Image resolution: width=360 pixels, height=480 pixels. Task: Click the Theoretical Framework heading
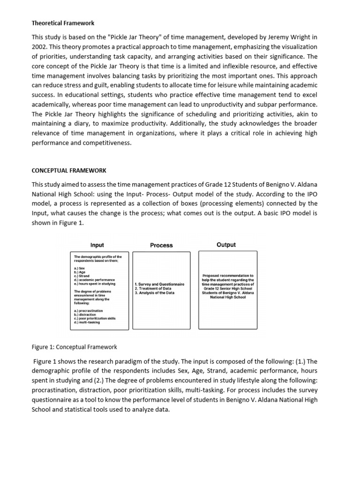(x=63, y=22)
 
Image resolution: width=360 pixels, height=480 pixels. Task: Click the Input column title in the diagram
(x=97, y=245)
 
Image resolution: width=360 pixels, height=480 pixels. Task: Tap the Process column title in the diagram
(x=161, y=245)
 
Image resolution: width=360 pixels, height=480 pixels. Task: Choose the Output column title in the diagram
(x=226, y=245)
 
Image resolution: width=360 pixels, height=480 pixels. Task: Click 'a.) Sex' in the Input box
(x=79, y=268)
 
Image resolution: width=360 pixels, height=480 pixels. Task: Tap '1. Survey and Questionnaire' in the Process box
(x=159, y=284)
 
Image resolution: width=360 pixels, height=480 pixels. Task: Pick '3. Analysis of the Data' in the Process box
(x=154, y=292)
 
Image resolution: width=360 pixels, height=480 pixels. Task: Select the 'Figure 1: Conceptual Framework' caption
(x=74, y=347)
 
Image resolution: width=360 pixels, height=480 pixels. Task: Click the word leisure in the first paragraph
(x=231, y=85)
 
